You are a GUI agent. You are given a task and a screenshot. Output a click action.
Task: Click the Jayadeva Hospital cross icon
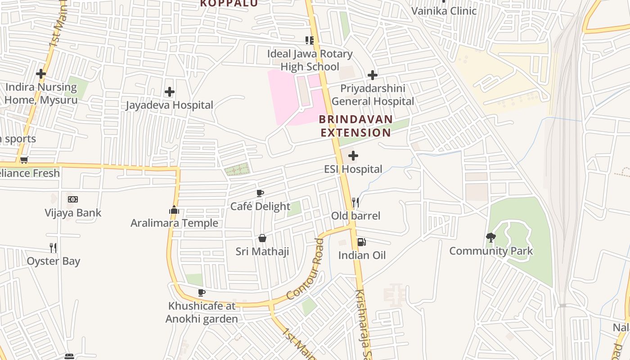[x=169, y=92]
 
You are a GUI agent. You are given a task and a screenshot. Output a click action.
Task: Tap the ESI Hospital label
[x=353, y=169]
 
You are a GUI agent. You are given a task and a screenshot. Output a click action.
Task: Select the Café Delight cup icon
[x=260, y=193]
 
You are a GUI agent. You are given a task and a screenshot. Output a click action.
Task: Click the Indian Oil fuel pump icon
[x=361, y=242]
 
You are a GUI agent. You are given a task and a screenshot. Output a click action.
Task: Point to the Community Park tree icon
[x=491, y=238]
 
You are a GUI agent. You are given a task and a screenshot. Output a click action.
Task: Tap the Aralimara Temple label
[x=174, y=223]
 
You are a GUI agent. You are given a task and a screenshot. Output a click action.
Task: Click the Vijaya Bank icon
[x=73, y=199]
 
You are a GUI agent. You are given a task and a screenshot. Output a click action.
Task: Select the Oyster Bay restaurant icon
[x=53, y=247]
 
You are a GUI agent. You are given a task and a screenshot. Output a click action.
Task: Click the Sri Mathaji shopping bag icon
[x=262, y=238]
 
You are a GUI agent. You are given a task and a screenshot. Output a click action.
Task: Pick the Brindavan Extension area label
[x=356, y=126]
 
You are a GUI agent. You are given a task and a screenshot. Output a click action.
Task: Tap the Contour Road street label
[x=305, y=270]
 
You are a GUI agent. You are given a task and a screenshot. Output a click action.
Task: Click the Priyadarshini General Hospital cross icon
[x=373, y=75]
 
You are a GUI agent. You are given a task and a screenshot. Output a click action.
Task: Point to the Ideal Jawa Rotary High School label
[x=310, y=60]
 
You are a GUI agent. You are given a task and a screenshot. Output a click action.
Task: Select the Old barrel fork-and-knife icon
[x=355, y=202]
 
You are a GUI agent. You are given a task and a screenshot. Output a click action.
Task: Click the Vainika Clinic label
[x=444, y=11]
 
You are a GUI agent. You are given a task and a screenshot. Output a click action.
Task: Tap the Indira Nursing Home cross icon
[x=41, y=73]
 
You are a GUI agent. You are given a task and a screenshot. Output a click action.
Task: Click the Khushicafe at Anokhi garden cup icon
[x=202, y=293]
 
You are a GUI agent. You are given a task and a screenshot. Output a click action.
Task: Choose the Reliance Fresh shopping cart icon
[x=24, y=160]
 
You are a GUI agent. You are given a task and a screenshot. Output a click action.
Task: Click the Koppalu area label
[x=229, y=4]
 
